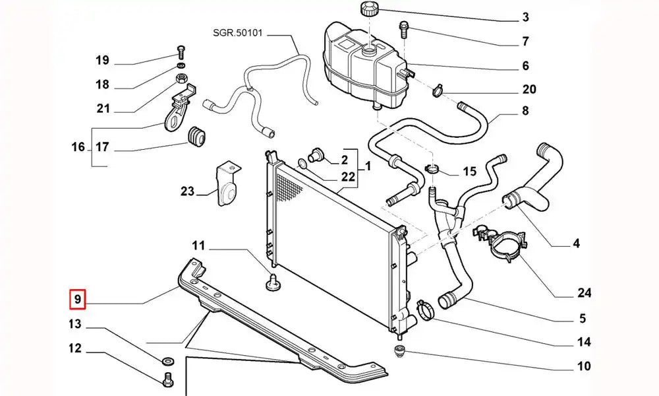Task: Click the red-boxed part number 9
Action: tap(77, 300)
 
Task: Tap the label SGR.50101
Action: tap(237, 32)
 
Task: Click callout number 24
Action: tap(585, 293)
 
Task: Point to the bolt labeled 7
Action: tap(403, 27)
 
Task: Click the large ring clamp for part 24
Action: tap(505, 244)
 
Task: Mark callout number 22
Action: tap(349, 177)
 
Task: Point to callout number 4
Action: tap(576, 244)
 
